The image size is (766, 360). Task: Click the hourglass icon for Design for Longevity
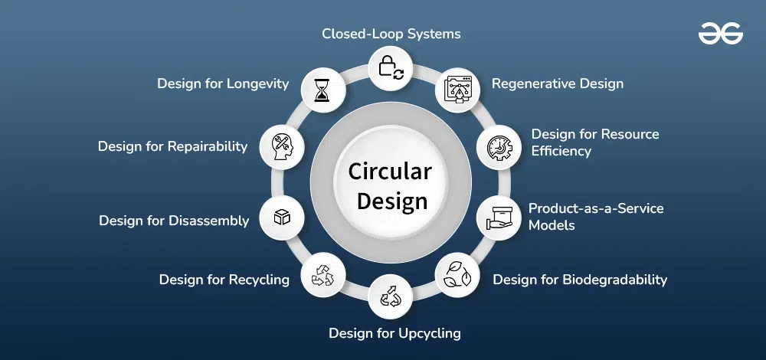[x=322, y=90]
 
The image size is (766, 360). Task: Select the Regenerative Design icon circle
[x=458, y=90]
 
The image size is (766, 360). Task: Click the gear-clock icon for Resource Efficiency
[x=499, y=148]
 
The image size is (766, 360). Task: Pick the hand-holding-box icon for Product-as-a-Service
[x=499, y=218]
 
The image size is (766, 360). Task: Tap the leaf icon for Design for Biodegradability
[x=458, y=275]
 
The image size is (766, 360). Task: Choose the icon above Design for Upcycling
[x=391, y=296]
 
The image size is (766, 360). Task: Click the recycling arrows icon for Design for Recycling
[x=323, y=275]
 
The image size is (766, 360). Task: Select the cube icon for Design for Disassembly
[x=282, y=218]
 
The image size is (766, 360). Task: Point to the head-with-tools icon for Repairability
[x=282, y=148]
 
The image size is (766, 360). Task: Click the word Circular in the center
[x=390, y=172]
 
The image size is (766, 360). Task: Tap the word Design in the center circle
[x=392, y=201]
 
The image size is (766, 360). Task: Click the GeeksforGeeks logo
[x=720, y=33]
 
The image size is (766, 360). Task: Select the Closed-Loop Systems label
[x=391, y=34]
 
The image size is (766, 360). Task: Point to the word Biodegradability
[x=614, y=280]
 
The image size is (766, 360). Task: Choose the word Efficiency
[x=561, y=152]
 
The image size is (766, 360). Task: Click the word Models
[x=552, y=225]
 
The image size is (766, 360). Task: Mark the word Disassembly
[x=208, y=221]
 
